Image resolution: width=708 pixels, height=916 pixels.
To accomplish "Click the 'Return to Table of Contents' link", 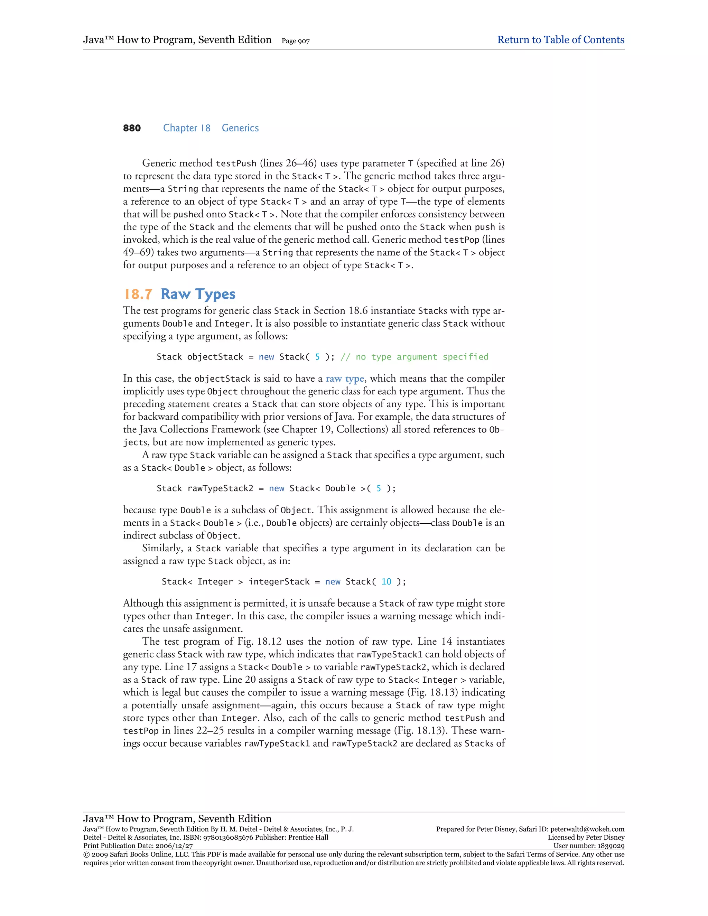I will (x=560, y=40).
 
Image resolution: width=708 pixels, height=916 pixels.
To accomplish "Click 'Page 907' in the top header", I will (x=295, y=41).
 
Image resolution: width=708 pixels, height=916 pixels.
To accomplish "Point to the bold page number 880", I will (x=132, y=128).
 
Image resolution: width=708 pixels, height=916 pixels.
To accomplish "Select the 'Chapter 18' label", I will (x=187, y=128).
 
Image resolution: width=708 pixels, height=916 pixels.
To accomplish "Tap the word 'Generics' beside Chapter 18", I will (x=240, y=128).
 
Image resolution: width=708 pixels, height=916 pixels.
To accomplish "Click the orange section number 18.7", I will (x=138, y=295).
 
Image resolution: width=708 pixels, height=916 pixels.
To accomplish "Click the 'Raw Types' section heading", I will (x=198, y=295).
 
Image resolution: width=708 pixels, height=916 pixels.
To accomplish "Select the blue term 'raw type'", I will (x=345, y=379).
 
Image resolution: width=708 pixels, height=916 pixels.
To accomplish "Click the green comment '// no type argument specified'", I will (x=414, y=357).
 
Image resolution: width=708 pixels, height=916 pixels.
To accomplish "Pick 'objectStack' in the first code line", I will (x=215, y=357).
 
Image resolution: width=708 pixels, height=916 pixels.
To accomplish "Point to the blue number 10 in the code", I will (x=386, y=582).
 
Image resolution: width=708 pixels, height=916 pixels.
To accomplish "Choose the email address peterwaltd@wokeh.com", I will (x=587, y=829).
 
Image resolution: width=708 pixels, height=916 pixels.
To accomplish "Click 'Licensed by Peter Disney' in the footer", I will (x=586, y=838).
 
